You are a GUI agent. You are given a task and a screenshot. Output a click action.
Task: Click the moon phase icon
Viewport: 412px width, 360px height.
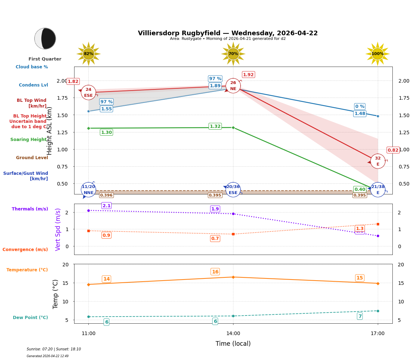[x=45, y=38]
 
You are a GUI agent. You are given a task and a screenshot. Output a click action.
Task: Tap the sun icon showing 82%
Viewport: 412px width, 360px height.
[x=88, y=54]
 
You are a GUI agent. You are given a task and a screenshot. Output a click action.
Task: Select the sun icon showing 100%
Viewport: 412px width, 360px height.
[x=377, y=54]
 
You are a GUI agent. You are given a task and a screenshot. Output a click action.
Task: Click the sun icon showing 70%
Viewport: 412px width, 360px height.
[x=233, y=54]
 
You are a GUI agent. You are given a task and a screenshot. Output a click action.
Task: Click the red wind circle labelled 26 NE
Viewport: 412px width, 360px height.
[x=233, y=86]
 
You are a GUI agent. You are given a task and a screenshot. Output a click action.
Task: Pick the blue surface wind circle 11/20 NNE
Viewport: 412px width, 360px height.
[x=88, y=190]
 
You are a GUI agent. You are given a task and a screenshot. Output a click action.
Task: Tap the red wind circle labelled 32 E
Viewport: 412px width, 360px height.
[x=378, y=161]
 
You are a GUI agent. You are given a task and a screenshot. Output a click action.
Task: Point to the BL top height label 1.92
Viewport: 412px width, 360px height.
[x=248, y=75]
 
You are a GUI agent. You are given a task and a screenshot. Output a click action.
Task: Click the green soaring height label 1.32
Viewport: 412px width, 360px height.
[x=215, y=126]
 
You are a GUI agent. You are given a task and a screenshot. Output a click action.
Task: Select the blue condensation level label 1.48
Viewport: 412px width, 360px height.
[x=360, y=114]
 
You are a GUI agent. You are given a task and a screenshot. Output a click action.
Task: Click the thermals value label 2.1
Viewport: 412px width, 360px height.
[x=107, y=206]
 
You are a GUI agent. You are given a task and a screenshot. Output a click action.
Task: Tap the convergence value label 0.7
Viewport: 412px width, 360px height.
[x=215, y=239]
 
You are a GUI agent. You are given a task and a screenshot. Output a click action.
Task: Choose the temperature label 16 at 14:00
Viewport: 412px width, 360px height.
[x=215, y=272]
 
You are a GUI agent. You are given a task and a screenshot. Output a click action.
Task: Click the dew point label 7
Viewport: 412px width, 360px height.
[x=360, y=316]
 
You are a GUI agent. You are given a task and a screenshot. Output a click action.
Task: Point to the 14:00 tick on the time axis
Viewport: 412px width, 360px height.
[x=233, y=334]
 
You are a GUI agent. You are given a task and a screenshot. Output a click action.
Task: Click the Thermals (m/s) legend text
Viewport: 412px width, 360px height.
[x=30, y=209]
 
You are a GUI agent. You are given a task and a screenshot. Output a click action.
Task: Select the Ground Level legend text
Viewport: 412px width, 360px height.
[x=32, y=158]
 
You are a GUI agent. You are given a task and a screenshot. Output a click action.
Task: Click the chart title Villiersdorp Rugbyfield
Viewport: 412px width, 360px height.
[x=228, y=33]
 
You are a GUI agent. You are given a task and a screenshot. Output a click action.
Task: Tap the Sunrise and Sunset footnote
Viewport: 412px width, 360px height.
[x=54, y=349]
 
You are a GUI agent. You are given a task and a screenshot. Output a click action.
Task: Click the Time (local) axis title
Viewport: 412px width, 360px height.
[x=233, y=344]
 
